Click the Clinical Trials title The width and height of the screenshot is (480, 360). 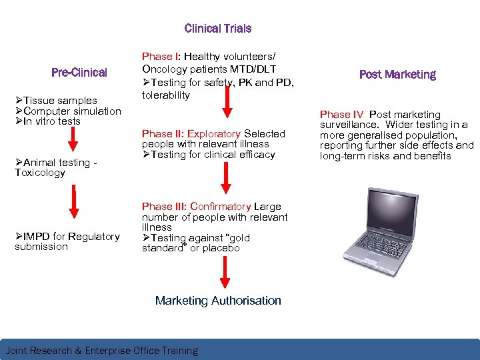coord(218,29)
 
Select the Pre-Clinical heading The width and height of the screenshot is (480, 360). coord(79,72)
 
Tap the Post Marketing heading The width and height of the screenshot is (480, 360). coord(397,75)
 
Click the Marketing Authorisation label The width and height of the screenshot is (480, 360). coord(218,301)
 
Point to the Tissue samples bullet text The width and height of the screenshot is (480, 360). coord(60,101)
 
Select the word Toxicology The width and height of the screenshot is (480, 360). coord(40,173)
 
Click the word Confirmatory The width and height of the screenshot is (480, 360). coord(221,207)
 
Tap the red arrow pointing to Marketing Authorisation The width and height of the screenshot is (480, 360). coord(225,274)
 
